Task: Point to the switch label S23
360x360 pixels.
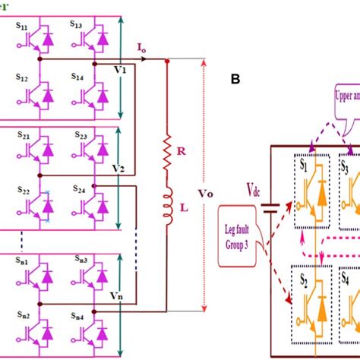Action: coord(81,134)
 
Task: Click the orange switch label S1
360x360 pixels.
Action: coord(303,162)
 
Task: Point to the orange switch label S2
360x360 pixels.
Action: coord(303,279)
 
